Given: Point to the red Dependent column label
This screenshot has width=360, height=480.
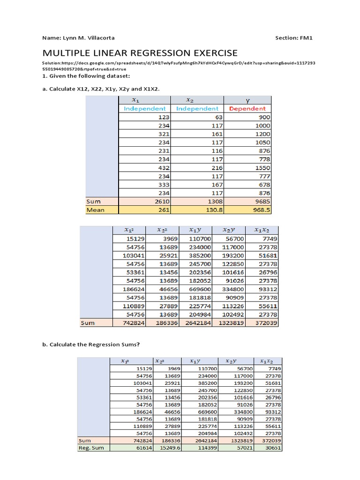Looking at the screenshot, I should click(x=247, y=108).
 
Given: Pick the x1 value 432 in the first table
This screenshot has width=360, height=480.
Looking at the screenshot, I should click(x=161, y=167).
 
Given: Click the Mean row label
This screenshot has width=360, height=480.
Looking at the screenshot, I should click(x=96, y=210).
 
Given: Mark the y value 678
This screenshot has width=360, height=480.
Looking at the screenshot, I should click(x=263, y=184).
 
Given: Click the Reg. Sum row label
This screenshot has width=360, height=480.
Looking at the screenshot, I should click(x=92, y=448).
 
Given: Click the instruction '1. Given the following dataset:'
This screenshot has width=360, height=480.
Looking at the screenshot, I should click(x=86, y=76).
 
